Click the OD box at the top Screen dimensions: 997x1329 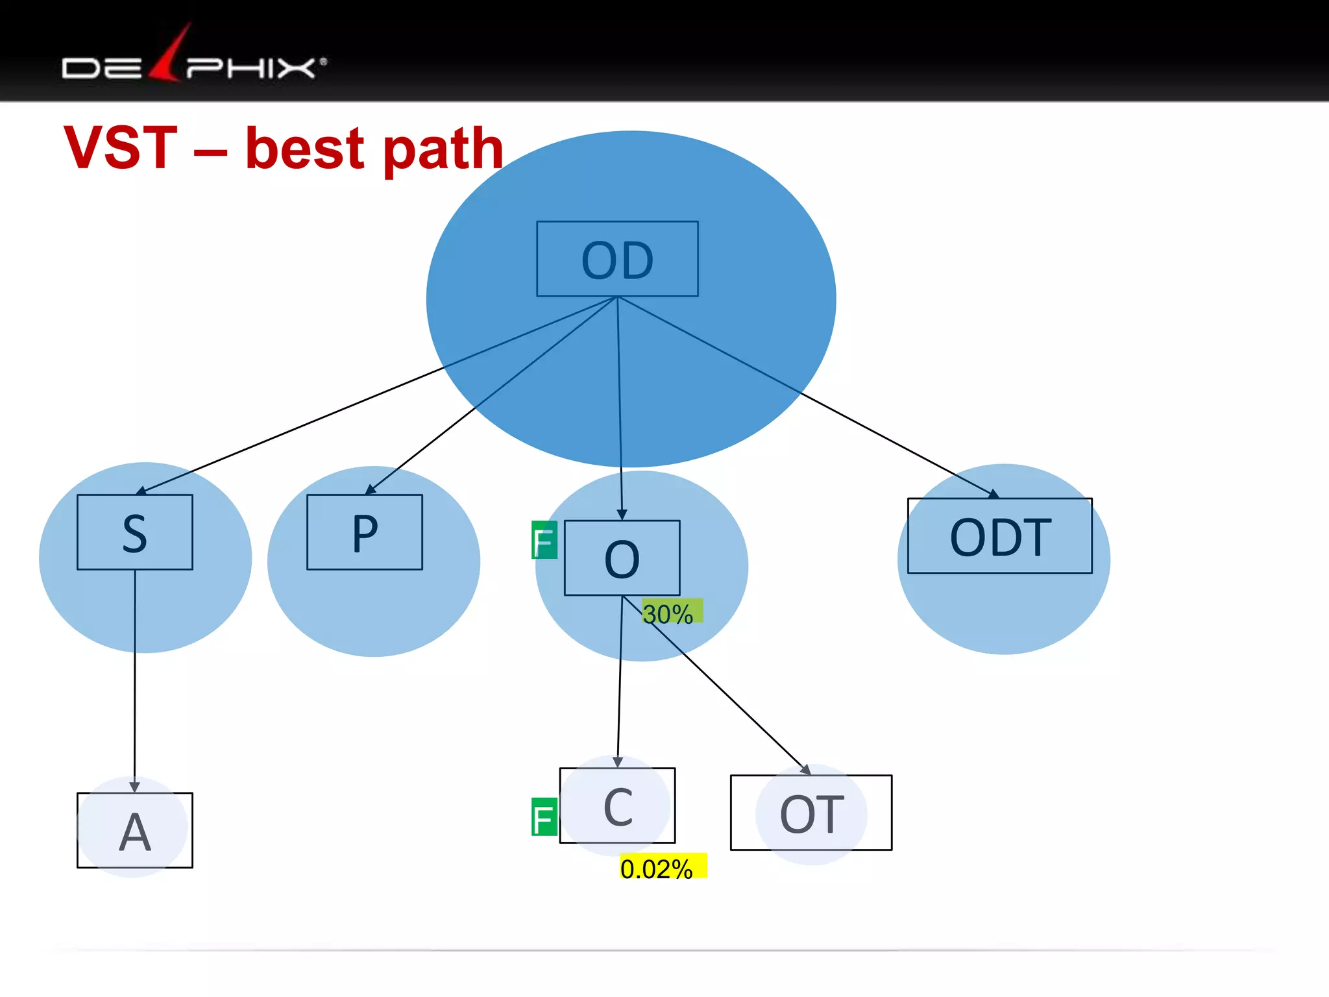point(617,259)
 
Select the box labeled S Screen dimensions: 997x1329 point(135,532)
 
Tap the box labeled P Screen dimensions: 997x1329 point(365,532)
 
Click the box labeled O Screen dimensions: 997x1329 point(622,558)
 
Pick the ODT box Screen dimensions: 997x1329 point(999,536)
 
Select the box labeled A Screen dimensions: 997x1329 point(135,830)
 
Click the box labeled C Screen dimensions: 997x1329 point(617,806)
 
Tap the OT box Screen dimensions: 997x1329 point(811,813)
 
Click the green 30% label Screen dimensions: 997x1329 point(672,611)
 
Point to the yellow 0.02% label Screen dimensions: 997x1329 point(663,867)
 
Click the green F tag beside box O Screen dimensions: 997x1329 point(544,540)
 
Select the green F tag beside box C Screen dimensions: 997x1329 point(544,817)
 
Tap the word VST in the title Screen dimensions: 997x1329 point(121,148)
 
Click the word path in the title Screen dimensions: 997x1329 point(443,149)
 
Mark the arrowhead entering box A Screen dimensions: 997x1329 point(135,787)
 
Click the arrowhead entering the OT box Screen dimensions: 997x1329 point(805,770)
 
